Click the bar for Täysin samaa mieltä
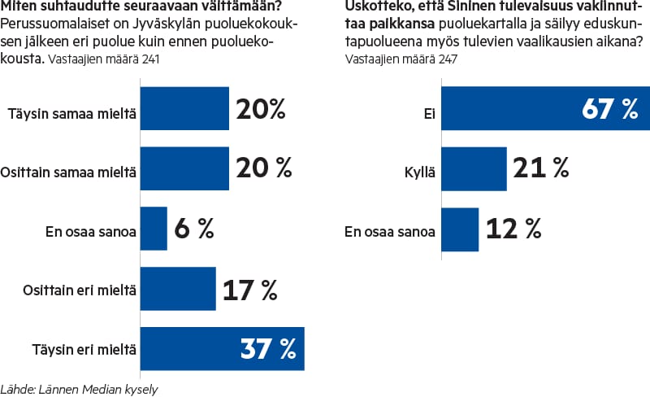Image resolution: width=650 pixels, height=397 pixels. (184, 108)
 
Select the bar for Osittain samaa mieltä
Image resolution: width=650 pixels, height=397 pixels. (184, 168)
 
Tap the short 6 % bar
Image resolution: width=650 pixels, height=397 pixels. (154, 229)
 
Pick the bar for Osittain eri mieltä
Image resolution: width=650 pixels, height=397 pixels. (178, 288)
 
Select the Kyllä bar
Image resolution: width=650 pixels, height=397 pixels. (474, 169)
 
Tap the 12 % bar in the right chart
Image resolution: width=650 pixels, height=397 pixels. (460, 229)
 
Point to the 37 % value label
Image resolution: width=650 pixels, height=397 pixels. (269, 349)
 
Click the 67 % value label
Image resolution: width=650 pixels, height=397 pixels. (610, 109)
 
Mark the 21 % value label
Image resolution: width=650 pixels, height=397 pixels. (539, 169)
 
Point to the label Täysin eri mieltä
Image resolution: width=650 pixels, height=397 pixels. (89, 350)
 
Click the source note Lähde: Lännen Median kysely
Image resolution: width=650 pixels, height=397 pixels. (79, 389)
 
